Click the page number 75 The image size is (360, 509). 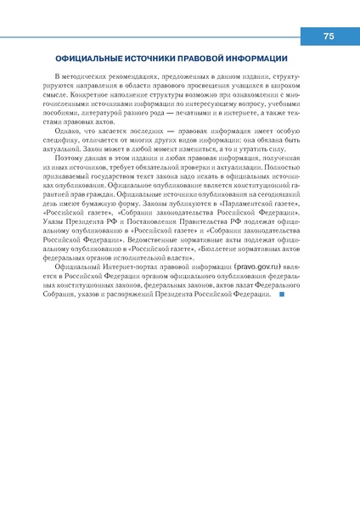(329, 36)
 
